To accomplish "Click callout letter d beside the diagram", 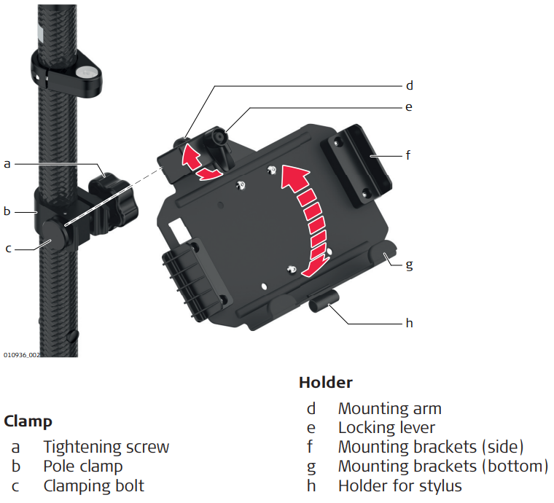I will click(x=409, y=85).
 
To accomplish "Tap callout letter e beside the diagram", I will click(x=409, y=107).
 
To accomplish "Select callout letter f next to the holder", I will click(x=409, y=155).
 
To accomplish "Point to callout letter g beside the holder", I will click(x=409, y=264).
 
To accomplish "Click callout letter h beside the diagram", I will click(x=409, y=322).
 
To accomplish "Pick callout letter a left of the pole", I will click(x=7, y=164).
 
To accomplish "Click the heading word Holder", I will click(x=325, y=383).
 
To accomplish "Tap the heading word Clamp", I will click(x=28, y=421).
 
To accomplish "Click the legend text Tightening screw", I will click(x=106, y=447).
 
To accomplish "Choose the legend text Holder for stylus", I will click(x=399, y=486).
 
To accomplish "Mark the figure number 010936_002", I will click(x=21, y=355).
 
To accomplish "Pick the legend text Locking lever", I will click(x=386, y=428).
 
